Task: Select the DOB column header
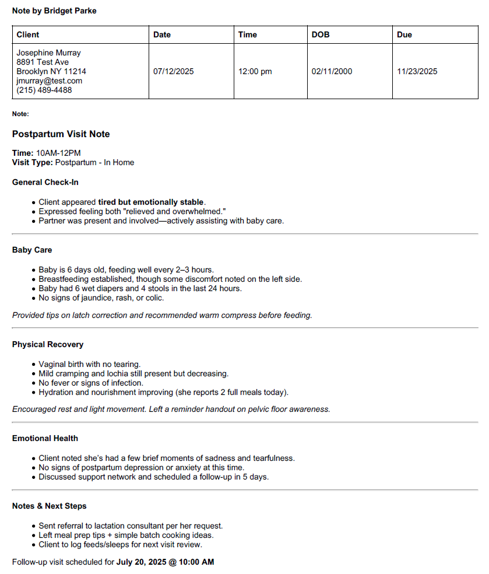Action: [x=321, y=34]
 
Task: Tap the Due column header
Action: [x=404, y=34]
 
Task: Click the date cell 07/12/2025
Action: [x=174, y=72]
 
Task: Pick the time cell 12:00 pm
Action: [x=255, y=72]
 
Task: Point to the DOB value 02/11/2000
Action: [x=332, y=72]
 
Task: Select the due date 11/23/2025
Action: [x=417, y=72]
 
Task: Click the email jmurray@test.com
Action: [x=50, y=80]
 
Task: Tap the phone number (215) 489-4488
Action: [x=44, y=90]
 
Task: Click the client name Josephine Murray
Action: [x=49, y=52]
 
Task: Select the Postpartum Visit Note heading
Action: [x=61, y=134]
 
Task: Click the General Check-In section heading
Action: [x=45, y=182]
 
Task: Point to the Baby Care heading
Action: [x=32, y=250]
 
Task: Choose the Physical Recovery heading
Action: [x=48, y=344]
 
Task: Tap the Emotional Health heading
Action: [x=45, y=438]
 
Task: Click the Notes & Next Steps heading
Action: [x=50, y=506]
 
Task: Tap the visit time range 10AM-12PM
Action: [x=58, y=153]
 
